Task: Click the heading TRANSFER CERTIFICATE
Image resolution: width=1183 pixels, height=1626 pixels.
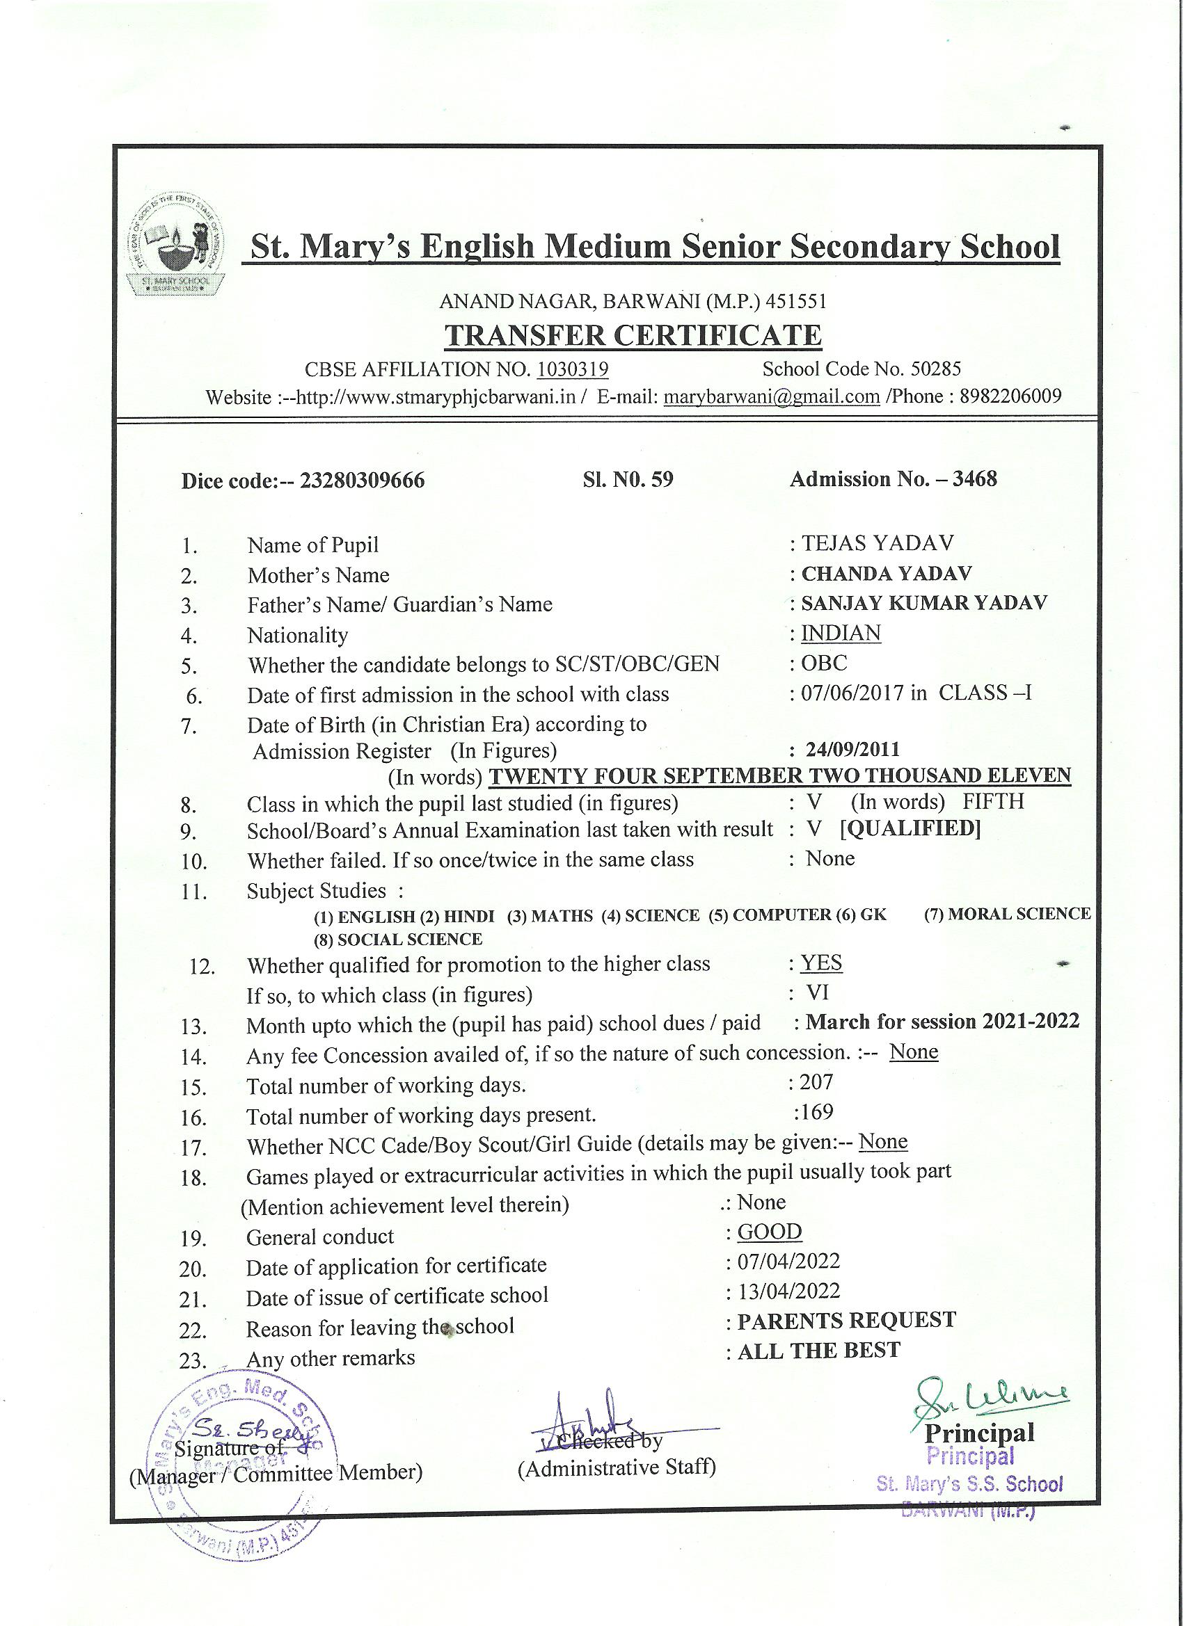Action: click(633, 335)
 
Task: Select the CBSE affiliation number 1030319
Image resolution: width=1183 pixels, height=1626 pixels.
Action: click(573, 369)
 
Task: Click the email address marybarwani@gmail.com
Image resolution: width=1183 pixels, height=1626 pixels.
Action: click(771, 396)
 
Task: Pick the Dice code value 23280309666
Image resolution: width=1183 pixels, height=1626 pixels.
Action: click(363, 481)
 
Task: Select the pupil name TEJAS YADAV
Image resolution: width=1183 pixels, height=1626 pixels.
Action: click(878, 542)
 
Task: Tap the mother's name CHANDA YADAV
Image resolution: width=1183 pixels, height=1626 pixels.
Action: click(887, 574)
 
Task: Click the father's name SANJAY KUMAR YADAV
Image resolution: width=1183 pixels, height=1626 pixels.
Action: click(924, 603)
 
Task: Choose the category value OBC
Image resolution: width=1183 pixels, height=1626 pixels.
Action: click(825, 663)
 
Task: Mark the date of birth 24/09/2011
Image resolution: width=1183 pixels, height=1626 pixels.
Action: click(852, 750)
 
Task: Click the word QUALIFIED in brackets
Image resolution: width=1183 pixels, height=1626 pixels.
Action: click(910, 829)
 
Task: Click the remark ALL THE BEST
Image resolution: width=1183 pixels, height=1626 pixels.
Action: click(818, 1351)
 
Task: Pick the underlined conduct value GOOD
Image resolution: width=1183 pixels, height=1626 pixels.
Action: click(770, 1231)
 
